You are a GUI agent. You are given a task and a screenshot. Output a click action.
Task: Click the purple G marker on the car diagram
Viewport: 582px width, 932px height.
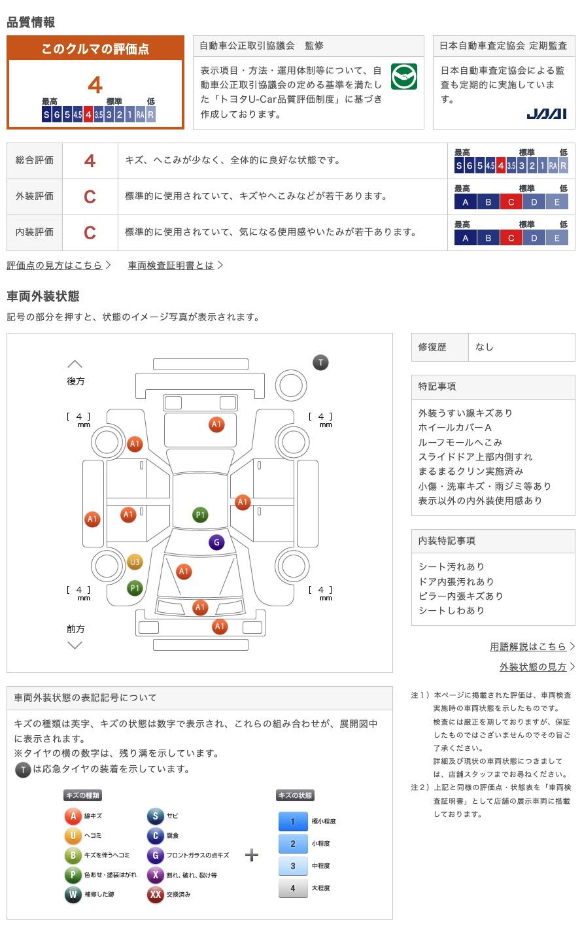(x=216, y=542)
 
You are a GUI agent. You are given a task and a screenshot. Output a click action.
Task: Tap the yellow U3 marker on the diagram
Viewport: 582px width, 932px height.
(x=135, y=562)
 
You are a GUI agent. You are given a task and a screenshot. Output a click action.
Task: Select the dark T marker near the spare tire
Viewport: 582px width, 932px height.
(x=320, y=362)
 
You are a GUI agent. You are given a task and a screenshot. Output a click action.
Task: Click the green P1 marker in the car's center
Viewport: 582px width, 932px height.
(x=200, y=515)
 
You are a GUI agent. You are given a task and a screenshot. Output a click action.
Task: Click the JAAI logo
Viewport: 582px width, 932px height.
(x=546, y=114)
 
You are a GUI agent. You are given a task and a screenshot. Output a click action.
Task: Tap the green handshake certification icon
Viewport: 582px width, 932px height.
(x=403, y=77)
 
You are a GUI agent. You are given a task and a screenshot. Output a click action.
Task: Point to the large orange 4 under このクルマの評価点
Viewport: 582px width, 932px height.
(x=95, y=85)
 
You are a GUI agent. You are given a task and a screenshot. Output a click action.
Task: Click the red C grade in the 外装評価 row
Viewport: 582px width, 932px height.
(x=90, y=197)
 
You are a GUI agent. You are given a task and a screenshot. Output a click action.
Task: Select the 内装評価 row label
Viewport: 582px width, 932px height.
(x=35, y=232)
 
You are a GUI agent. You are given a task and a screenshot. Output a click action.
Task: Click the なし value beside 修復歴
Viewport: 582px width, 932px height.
(x=485, y=347)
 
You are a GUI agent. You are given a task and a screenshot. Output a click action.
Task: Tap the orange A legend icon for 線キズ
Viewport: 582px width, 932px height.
(x=73, y=816)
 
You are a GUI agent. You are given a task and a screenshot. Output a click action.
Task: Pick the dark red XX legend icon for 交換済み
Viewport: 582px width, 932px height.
(x=155, y=895)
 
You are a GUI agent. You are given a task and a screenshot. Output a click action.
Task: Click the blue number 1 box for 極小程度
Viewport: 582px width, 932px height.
(x=293, y=821)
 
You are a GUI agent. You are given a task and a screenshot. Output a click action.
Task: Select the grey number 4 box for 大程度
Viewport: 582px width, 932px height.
(x=293, y=888)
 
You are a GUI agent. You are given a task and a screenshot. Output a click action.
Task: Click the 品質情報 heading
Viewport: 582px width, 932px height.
(x=31, y=22)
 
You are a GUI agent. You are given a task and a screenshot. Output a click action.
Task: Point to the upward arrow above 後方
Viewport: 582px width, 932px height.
(x=75, y=364)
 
